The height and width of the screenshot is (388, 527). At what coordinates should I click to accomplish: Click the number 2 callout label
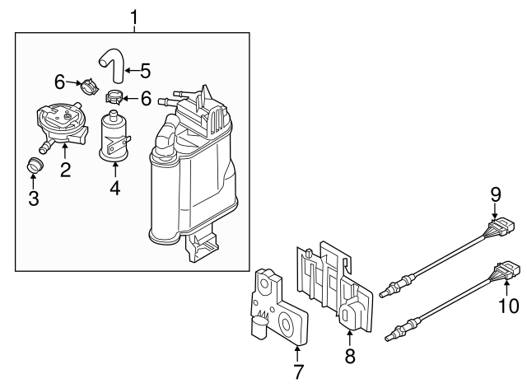pyautogui.click(x=64, y=171)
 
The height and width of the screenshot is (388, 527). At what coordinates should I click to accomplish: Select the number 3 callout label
pyautogui.click(x=34, y=198)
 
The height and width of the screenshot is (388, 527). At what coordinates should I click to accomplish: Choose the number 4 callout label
pyautogui.click(x=115, y=188)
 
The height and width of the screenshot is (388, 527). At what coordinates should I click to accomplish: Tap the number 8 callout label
pyautogui.click(x=349, y=357)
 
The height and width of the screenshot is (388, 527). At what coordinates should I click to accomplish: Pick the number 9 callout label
pyautogui.click(x=496, y=194)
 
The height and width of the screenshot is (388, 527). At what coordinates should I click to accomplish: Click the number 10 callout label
pyautogui.click(x=509, y=306)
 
